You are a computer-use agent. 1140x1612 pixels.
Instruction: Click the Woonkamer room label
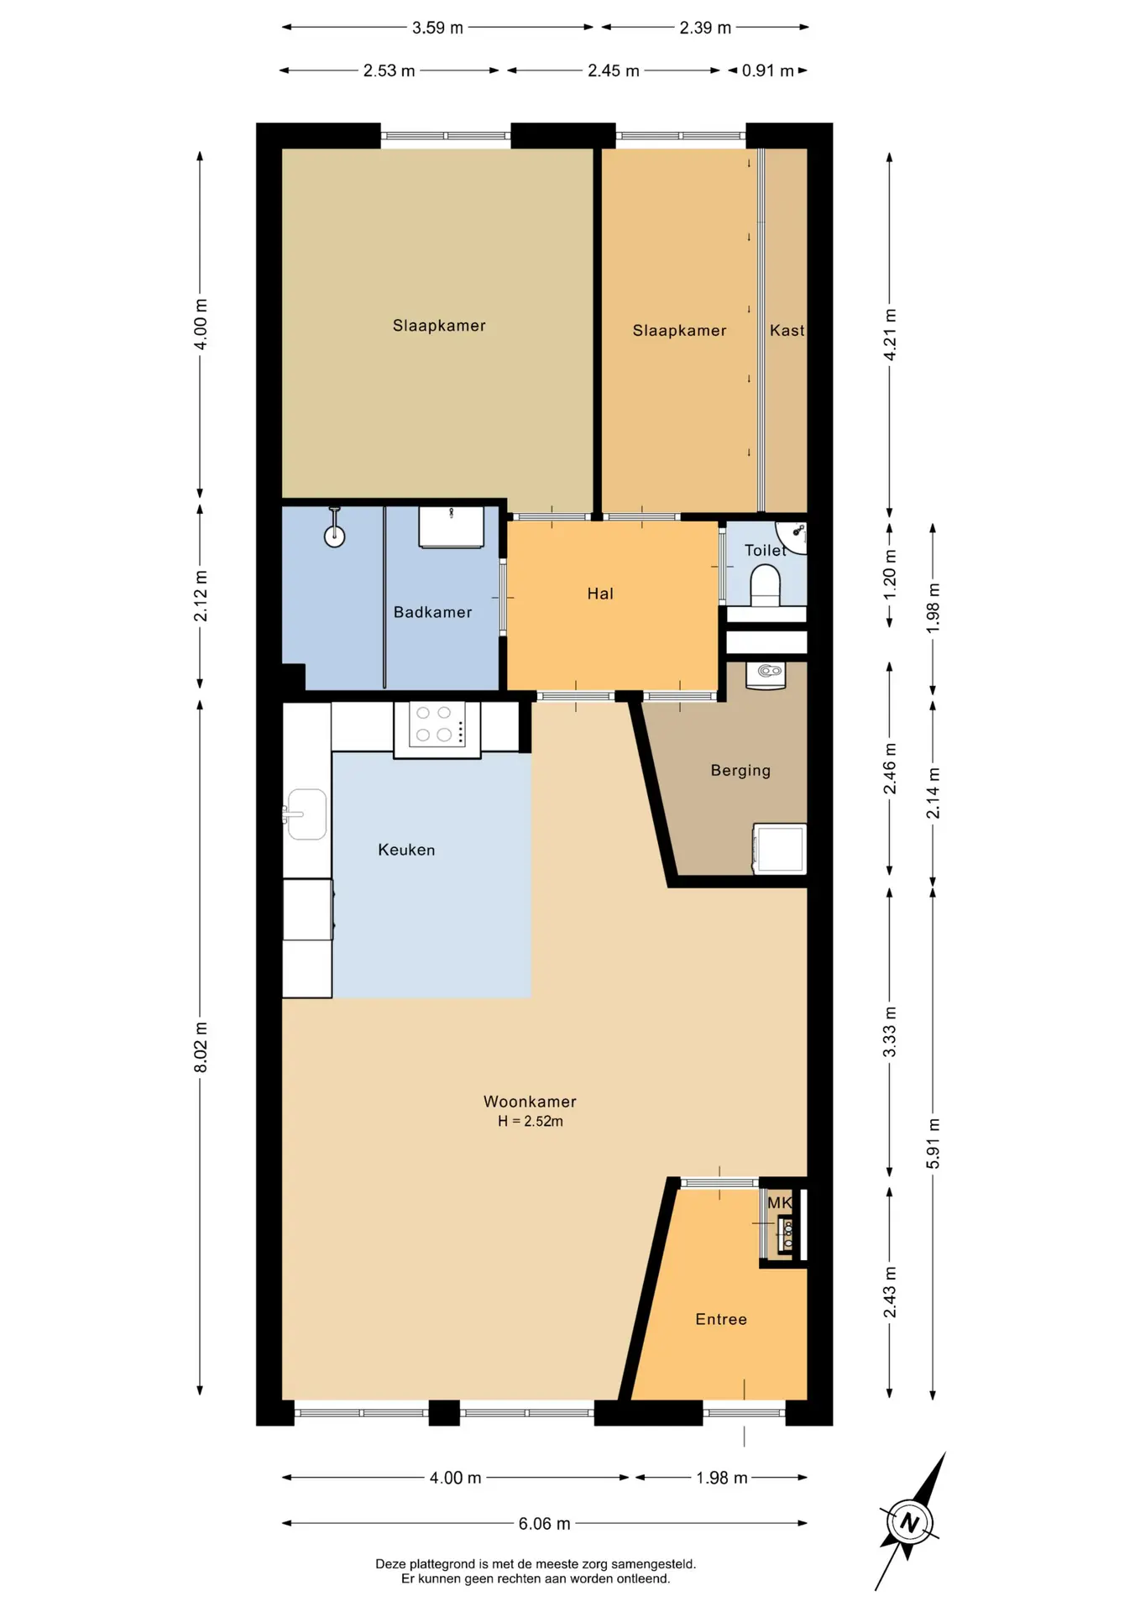coord(530,1101)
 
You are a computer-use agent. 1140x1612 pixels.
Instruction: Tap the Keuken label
coord(406,850)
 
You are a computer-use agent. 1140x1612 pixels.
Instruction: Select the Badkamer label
coord(432,612)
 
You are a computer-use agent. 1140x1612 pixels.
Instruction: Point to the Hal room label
coord(600,594)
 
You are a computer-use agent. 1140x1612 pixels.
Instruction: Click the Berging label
coord(740,771)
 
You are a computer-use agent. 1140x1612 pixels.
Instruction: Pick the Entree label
coord(721,1319)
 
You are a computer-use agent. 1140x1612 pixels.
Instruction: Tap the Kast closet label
coord(787,331)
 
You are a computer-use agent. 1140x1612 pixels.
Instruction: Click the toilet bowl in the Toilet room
coord(766,585)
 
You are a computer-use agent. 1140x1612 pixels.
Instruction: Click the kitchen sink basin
coord(307,814)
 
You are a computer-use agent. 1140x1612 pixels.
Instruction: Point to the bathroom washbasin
coord(452,526)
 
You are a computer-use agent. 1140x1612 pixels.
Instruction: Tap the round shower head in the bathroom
coord(335,536)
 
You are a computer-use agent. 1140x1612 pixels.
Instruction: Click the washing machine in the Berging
coord(780,849)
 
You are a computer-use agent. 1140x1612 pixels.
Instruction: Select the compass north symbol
coord(910,1521)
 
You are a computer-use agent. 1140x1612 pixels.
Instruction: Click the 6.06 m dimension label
coord(544,1523)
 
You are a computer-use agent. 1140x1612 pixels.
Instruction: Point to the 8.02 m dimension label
coord(201,1047)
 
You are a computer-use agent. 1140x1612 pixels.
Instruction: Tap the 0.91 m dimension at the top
coord(767,71)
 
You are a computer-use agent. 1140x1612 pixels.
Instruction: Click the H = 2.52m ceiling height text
coord(531,1121)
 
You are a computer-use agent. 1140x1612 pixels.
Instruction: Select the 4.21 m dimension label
coord(890,335)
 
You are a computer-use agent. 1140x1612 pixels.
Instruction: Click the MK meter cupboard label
coord(780,1202)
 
